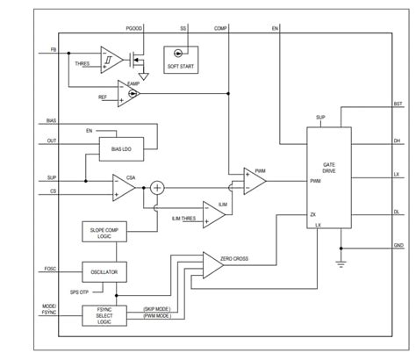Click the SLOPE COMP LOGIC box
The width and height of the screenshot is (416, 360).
point(110,233)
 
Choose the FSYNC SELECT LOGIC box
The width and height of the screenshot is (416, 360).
point(110,313)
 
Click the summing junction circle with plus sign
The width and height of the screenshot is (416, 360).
point(158,186)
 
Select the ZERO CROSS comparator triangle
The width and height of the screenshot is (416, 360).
point(214,262)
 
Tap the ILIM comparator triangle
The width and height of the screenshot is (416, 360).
point(212,212)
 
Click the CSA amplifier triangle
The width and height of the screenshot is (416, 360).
point(123,185)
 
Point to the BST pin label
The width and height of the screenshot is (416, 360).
point(398,103)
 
